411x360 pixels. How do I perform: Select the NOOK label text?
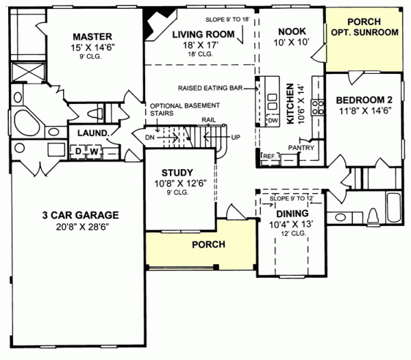pyautogui.click(x=291, y=31)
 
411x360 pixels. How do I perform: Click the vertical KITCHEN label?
pyautogui.click(x=290, y=104)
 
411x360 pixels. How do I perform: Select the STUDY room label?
pyautogui.click(x=177, y=172)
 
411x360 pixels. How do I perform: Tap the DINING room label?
pyautogui.click(x=283, y=212)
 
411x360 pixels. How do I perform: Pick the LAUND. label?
pyautogui.click(x=90, y=133)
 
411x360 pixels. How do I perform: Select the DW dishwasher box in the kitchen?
pyautogui.click(x=272, y=120)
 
